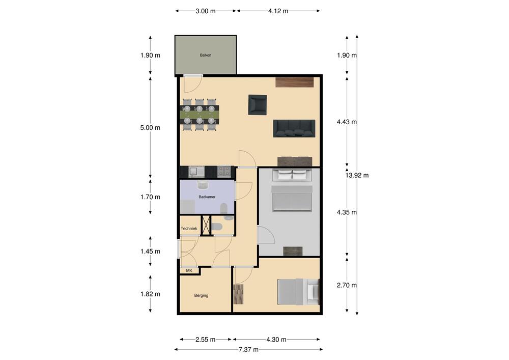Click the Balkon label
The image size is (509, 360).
(206, 55)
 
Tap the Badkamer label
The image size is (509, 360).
(207, 197)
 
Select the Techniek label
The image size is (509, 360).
(189, 229)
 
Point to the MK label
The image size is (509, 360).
(189, 270)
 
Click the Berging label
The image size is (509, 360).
(201, 295)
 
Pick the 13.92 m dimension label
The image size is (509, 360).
(357, 175)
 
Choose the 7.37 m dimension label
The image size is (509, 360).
(248, 350)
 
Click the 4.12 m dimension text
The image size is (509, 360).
(278, 11)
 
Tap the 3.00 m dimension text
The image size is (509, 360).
(206, 11)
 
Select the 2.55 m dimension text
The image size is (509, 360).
(206, 340)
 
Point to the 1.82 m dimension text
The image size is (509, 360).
(150, 294)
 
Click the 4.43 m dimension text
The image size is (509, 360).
(347, 122)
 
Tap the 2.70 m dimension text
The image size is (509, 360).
(347, 285)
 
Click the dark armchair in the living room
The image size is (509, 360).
(258, 104)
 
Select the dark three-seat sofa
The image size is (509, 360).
(294, 128)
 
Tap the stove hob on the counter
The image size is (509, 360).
(224, 172)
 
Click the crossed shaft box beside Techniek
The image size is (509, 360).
(206, 225)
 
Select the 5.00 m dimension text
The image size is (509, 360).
(150, 128)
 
